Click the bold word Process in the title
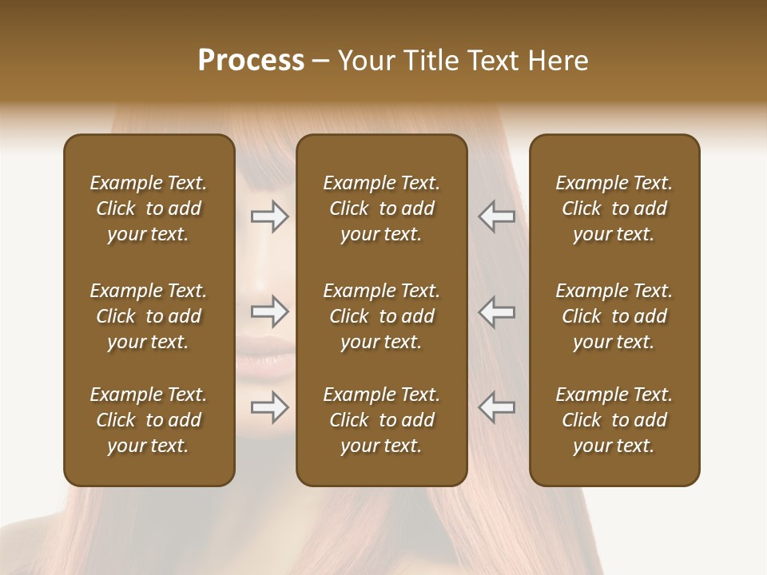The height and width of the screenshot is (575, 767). click(x=251, y=61)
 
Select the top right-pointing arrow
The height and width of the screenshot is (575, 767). click(x=270, y=216)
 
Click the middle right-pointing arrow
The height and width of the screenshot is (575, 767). click(x=270, y=311)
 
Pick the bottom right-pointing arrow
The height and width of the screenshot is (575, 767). click(x=270, y=407)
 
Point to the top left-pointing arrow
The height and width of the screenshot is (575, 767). click(x=496, y=216)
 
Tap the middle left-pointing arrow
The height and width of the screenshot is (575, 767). click(x=496, y=311)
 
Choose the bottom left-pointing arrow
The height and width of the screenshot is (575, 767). click(x=496, y=407)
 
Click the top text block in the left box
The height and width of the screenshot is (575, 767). click(x=149, y=208)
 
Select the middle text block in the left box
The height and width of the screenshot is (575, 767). click(x=149, y=316)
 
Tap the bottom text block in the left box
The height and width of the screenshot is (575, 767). click(x=149, y=420)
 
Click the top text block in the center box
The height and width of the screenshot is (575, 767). click(x=382, y=208)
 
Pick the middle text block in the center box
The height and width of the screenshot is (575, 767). click(x=382, y=316)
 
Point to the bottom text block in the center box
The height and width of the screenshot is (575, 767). click(x=382, y=420)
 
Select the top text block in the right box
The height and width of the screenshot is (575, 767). click(x=614, y=208)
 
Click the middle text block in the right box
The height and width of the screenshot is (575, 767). click(x=614, y=316)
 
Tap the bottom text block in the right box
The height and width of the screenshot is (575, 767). click(x=614, y=420)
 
